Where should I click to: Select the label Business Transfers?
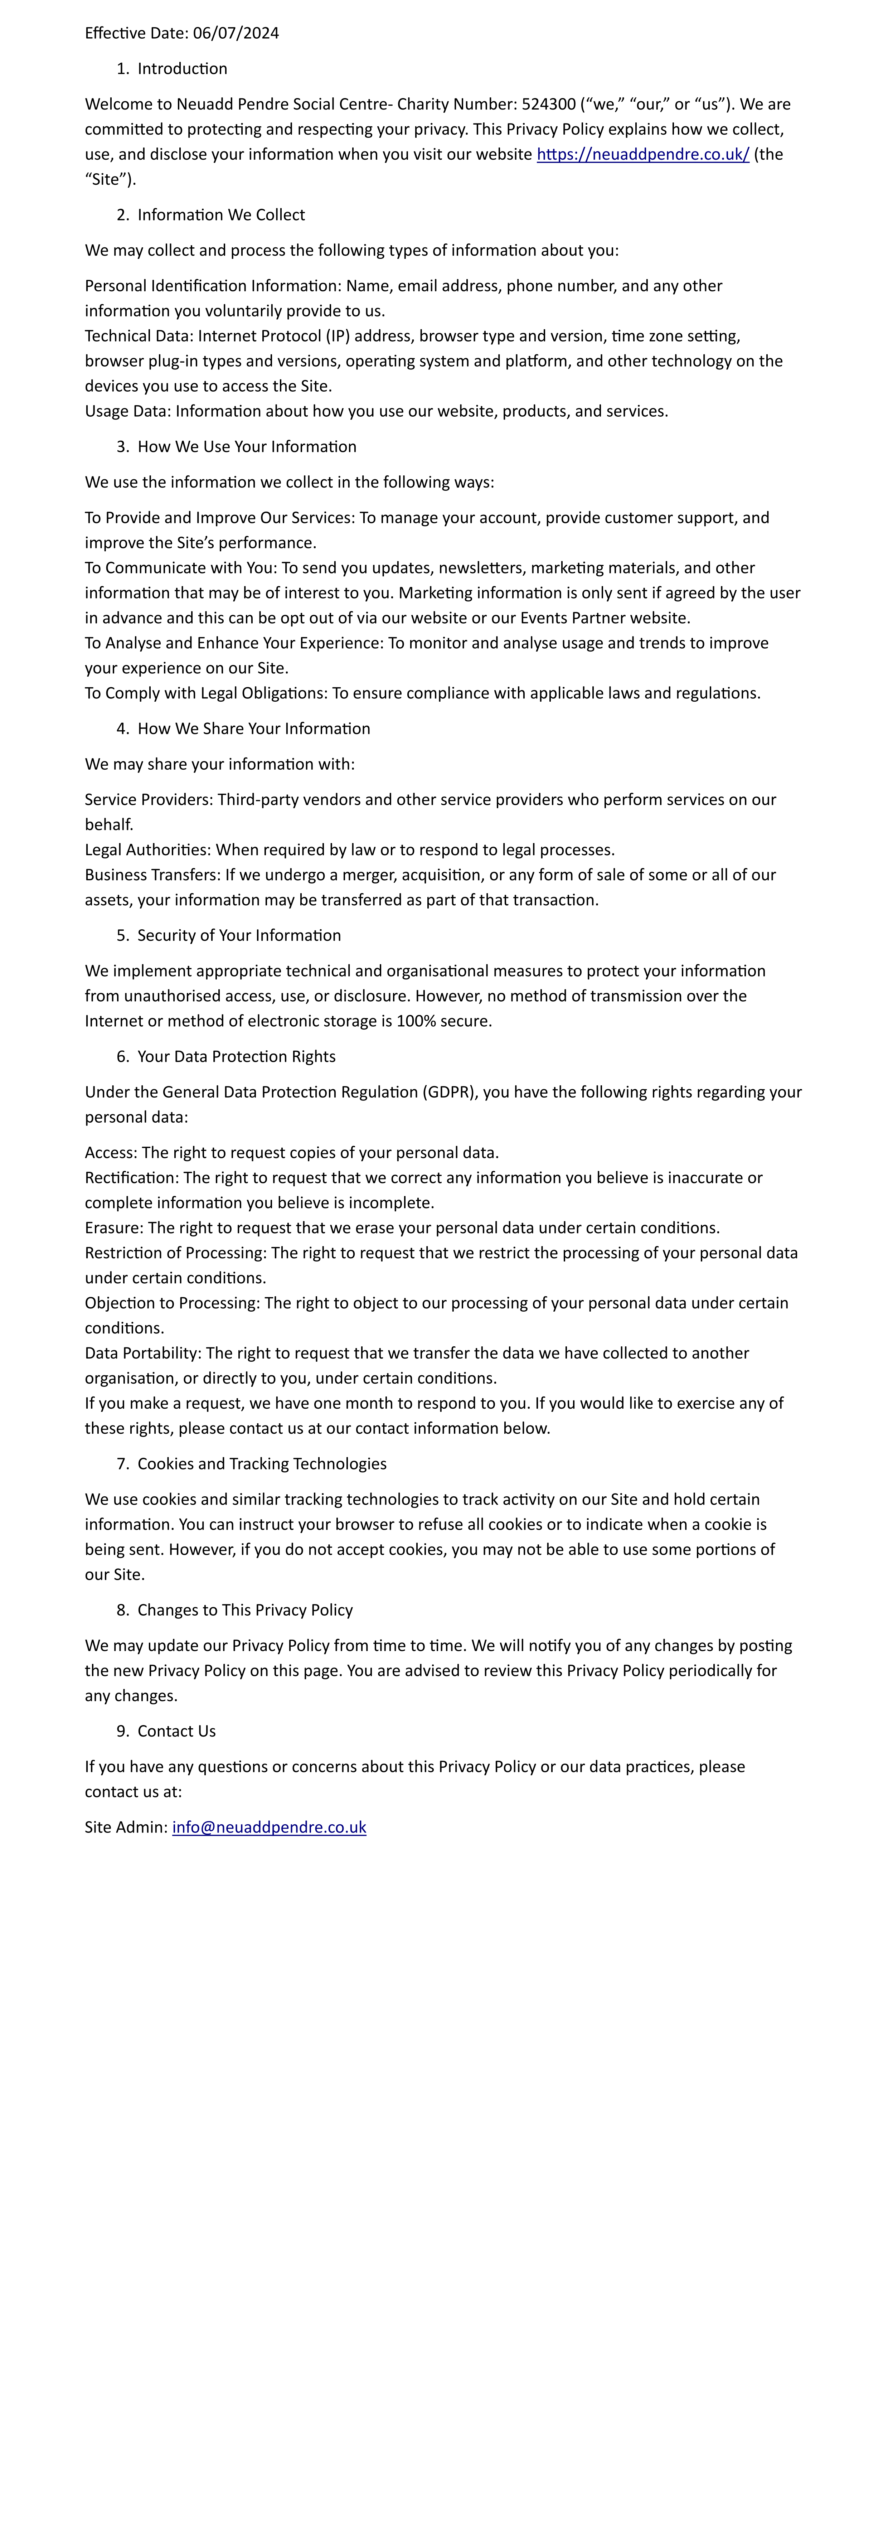152,875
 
